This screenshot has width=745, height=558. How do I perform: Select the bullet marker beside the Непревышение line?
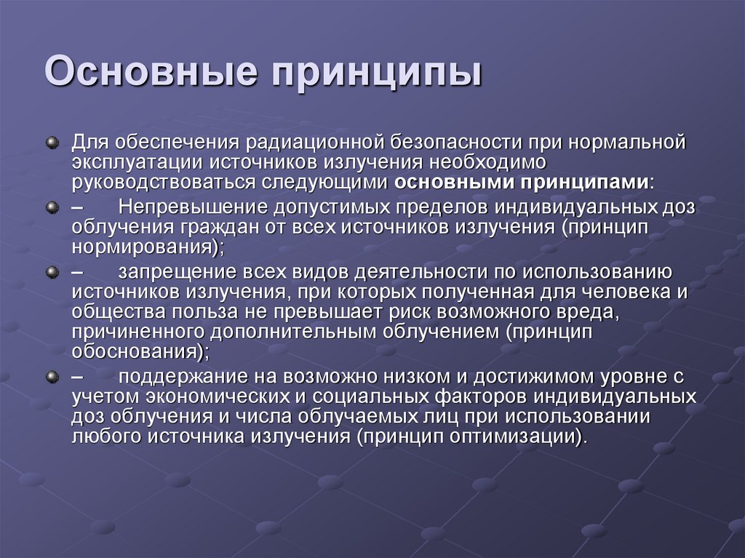(x=52, y=207)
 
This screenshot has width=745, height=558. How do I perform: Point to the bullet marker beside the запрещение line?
(x=52, y=273)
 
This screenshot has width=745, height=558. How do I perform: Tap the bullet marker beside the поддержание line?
(x=52, y=377)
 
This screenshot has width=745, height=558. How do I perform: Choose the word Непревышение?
(x=191, y=208)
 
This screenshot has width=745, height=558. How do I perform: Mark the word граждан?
(x=221, y=228)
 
